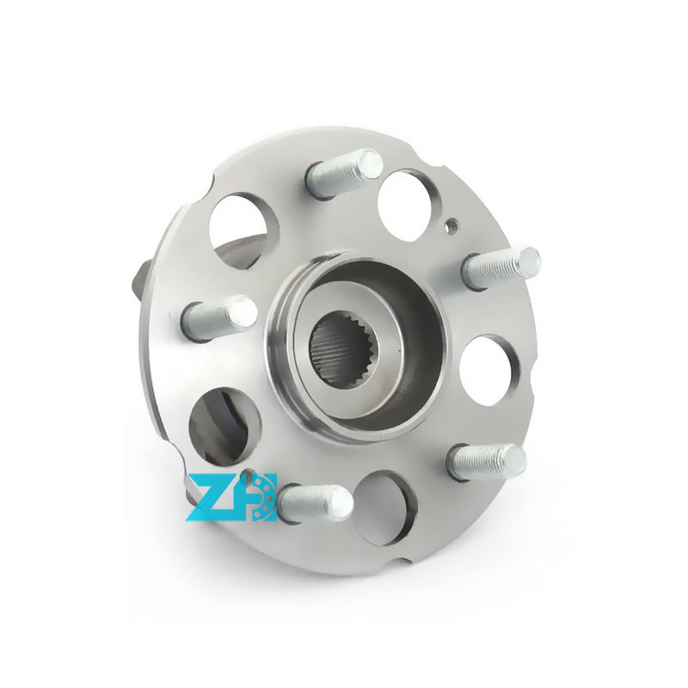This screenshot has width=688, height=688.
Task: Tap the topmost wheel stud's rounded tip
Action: point(370,163)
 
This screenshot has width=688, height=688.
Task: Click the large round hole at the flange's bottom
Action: point(384,507)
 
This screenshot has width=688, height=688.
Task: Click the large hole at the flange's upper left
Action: point(243,228)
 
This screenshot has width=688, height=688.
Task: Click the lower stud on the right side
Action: point(487,462)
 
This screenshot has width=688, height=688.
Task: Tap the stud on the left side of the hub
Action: point(219,317)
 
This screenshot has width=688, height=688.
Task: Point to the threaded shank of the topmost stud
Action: point(335,176)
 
